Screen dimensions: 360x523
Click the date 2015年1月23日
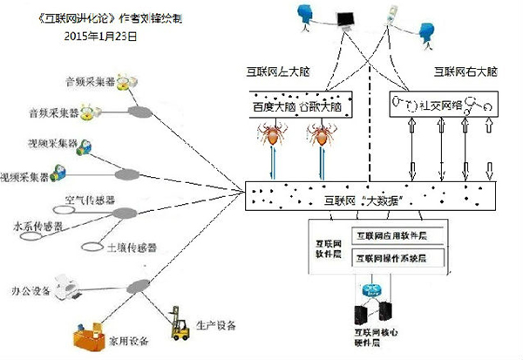point(101,37)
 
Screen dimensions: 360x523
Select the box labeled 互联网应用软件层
point(395,234)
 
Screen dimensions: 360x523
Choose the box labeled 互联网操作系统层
point(395,259)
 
